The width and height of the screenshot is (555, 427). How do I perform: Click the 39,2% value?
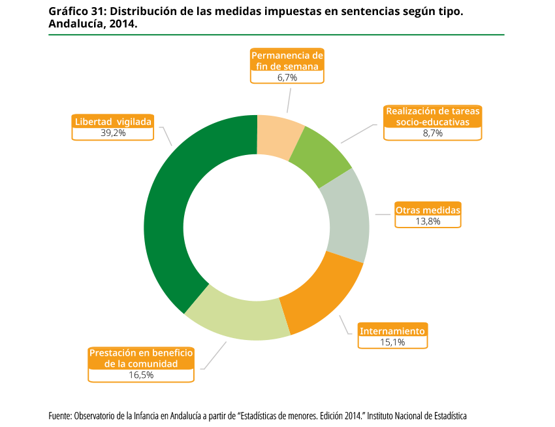point(113,133)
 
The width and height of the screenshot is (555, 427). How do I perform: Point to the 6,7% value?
point(287,77)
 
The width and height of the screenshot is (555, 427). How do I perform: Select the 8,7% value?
point(433,133)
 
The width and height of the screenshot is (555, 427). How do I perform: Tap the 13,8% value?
point(428,221)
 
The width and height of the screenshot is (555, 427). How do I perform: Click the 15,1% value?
point(392,342)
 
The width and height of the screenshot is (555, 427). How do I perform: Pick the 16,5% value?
point(141,375)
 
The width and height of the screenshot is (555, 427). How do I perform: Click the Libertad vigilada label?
point(113,122)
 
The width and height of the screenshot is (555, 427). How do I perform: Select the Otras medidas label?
point(428,210)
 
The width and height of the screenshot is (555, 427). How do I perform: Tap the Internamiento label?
point(392,331)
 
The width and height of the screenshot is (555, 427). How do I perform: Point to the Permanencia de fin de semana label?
point(287,61)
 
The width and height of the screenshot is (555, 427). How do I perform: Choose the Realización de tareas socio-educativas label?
point(433,116)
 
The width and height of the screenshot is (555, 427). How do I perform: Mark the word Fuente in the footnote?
point(59,416)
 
